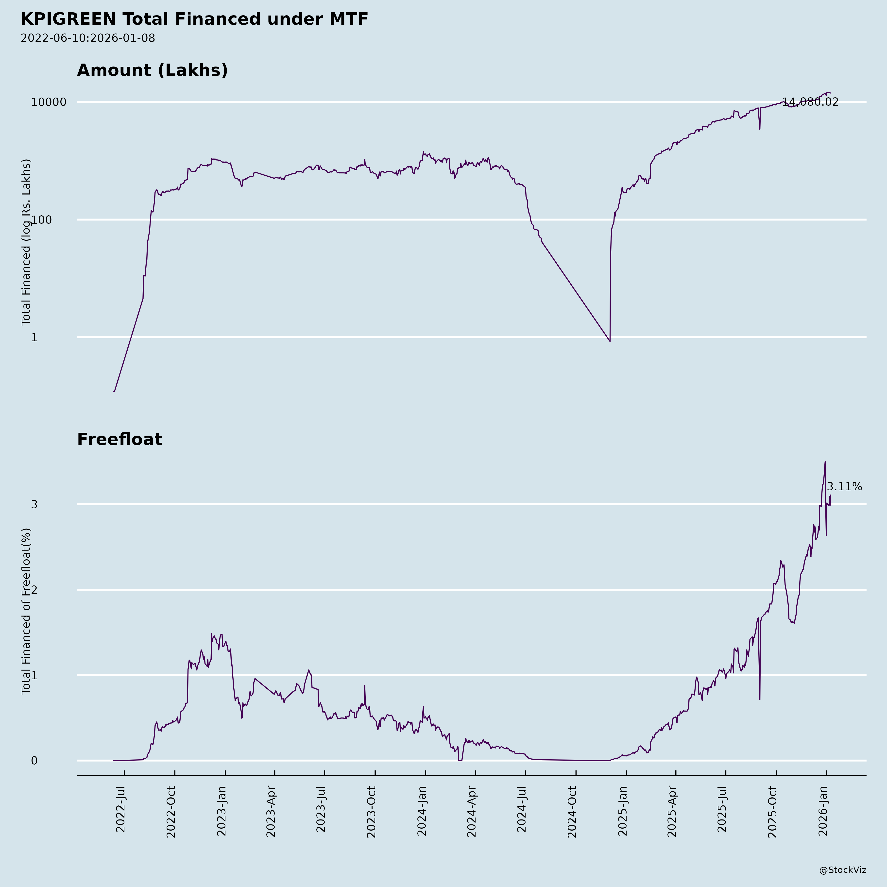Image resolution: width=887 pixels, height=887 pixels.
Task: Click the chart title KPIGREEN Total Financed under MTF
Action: pyautogui.click(x=194, y=19)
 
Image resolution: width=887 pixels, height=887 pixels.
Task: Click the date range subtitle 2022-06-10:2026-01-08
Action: pyautogui.click(x=88, y=38)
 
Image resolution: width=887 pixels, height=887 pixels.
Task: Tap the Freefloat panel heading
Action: pyautogui.click(x=119, y=439)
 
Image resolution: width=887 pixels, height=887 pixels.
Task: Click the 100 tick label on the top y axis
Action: pyautogui.click(x=55, y=220)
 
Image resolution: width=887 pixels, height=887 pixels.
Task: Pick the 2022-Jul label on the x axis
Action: pyautogui.click(x=121, y=809)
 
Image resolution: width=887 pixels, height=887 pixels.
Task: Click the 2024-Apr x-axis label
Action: pyautogui.click(x=472, y=811)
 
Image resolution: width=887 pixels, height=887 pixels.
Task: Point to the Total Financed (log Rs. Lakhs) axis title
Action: pyautogui.click(x=26, y=242)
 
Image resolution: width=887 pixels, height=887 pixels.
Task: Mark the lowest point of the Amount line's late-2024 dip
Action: pyautogui.click(x=610, y=341)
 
